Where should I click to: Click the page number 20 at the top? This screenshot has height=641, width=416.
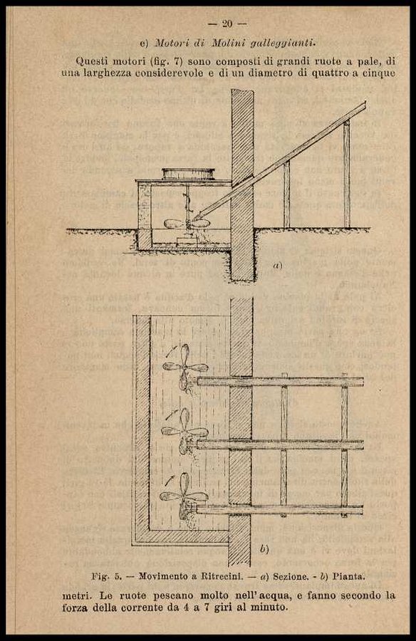pyautogui.click(x=227, y=24)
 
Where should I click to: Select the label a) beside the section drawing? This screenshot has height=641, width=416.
pyautogui.click(x=278, y=266)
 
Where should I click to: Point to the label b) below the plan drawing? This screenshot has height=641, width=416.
pyautogui.click(x=264, y=549)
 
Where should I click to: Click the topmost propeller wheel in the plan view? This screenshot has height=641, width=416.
pyautogui.click(x=184, y=367)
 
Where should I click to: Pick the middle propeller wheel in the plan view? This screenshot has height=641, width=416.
pyautogui.click(x=185, y=432)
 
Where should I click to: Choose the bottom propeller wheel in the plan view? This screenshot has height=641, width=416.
pyautogui.click(x=184, y=496)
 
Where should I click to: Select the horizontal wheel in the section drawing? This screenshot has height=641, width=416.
pyautogui.click(x=187, y=224)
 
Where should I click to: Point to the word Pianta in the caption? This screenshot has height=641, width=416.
pyautogui.click(x=348, y=576)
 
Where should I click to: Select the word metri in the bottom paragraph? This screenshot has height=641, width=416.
pyautogui.click(x=76, y=595)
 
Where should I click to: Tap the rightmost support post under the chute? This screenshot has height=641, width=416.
pyautogui.click(x=346, y=174)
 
